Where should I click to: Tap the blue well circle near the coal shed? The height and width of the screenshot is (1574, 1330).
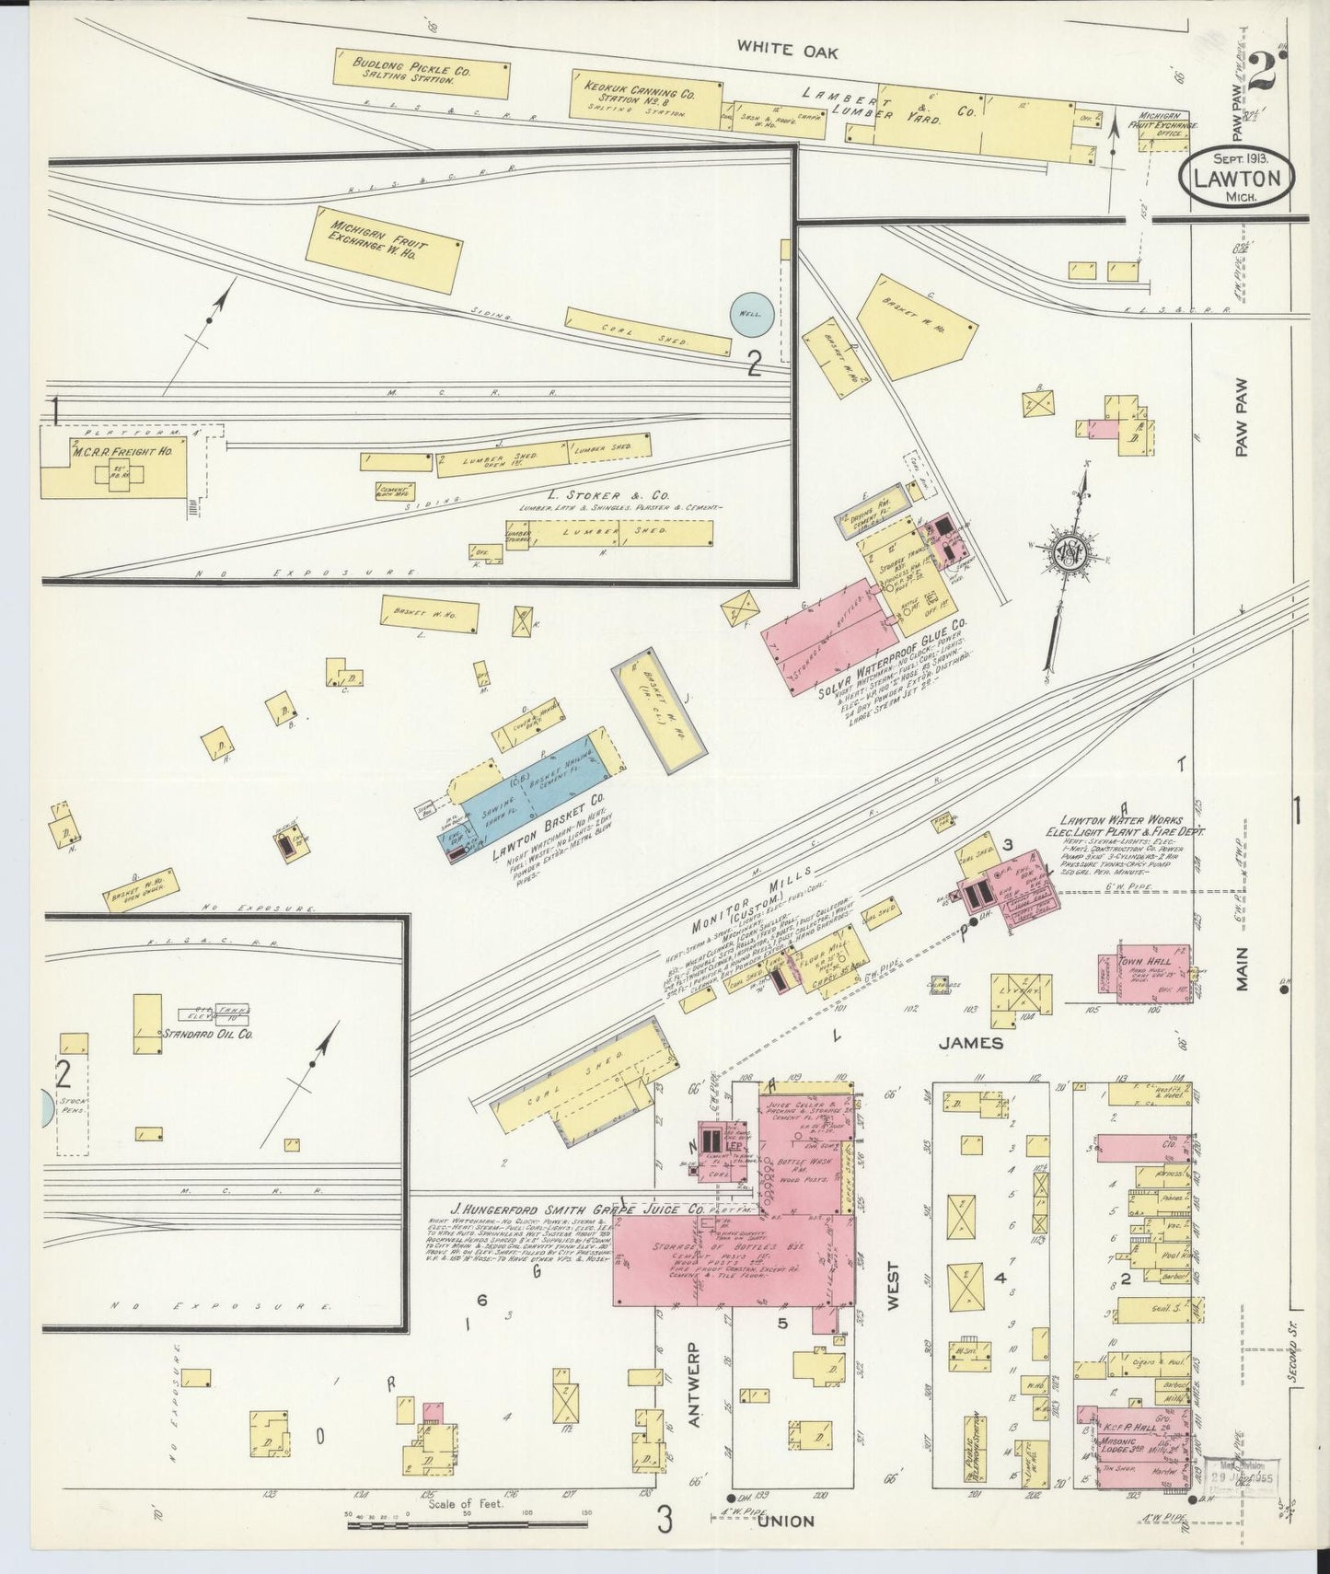[750, 314]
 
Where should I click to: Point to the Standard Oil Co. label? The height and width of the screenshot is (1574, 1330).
[209, 1034]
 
